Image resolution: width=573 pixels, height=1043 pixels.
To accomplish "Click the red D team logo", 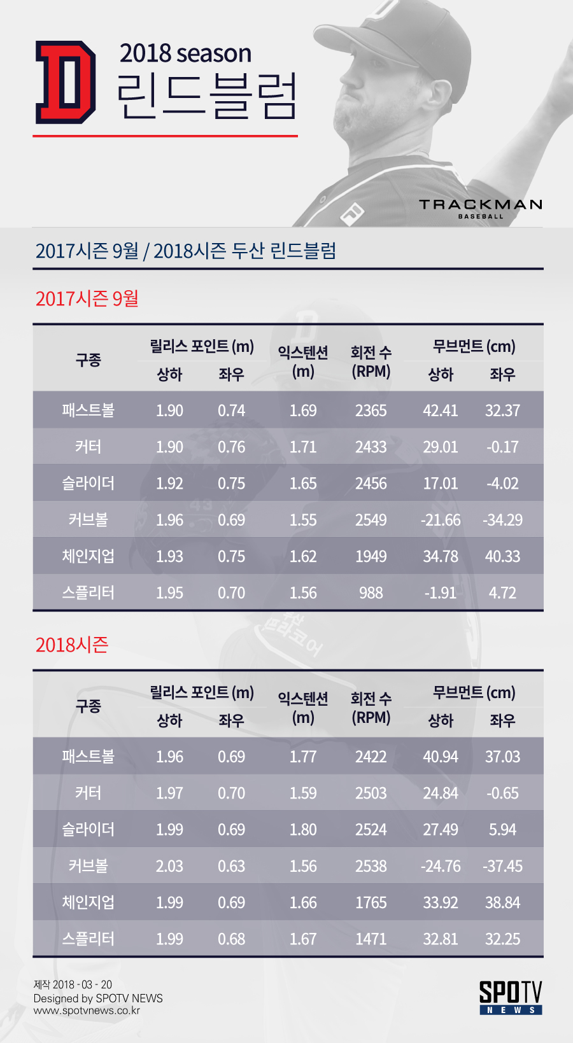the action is pos(66,83).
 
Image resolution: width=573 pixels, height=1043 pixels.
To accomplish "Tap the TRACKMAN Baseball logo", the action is pos(480,209).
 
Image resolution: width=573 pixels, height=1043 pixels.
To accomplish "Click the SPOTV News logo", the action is pos(511,997).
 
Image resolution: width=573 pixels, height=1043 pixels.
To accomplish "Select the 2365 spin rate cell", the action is pos(371,410).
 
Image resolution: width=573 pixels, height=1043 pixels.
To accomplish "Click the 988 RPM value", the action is pos(371,592).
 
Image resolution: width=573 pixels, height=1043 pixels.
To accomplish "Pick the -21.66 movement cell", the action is pos(440,520).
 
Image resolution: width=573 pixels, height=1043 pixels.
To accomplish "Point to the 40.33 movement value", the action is pos(502,556).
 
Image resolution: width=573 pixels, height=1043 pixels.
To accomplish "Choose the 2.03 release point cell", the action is pos(169,866).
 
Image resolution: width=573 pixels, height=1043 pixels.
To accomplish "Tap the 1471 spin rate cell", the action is pos(371,939).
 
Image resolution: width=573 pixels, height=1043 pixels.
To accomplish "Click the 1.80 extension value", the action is pos(303,829).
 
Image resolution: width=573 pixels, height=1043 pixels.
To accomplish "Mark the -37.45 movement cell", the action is pos(502,866).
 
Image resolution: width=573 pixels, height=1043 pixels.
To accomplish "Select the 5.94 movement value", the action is pos(502,829).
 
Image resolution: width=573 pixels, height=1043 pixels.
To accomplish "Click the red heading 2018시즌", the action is pos(72,645).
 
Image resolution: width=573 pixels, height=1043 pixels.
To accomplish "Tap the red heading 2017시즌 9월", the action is pos(87,298).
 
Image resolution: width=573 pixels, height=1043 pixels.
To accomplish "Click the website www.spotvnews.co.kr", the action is pos(87,1011).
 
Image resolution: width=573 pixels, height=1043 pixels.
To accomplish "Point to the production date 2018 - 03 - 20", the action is pos(82,984).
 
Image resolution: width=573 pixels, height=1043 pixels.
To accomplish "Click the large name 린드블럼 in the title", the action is pos(206,96).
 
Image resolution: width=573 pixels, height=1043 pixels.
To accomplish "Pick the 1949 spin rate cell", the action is pos(371,556).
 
